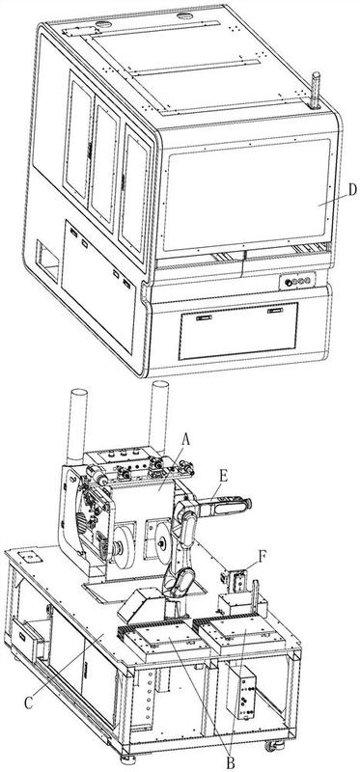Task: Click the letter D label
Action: (351, 189)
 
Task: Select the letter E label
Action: (223, 477)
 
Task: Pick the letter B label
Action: (230, 763)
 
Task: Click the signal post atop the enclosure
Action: (316, 91)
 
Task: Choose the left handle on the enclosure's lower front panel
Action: (204, 317)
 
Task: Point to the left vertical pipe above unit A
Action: (77, 426)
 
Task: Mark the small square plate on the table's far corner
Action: (28, 557)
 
